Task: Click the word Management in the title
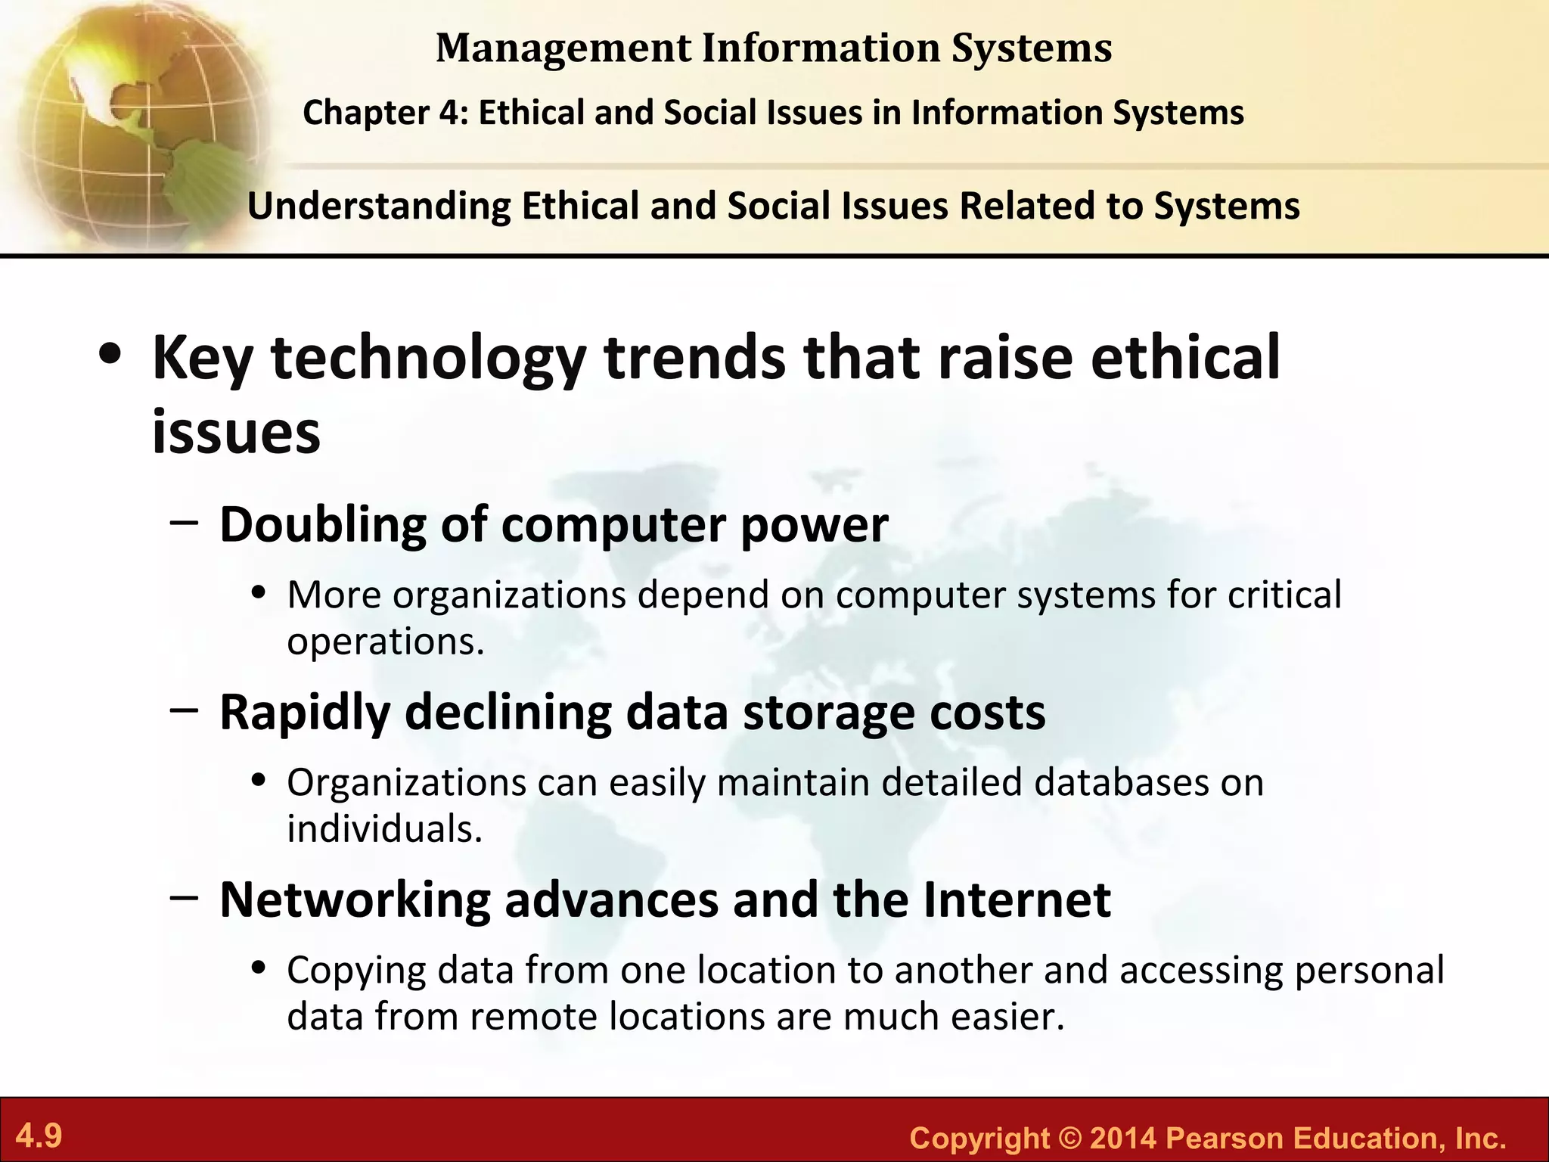tap(563, 48)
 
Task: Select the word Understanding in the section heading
tap(379, 206)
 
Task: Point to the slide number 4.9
tap(39, 1136)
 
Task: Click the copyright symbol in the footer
tap(1070, 1138)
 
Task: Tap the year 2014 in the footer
tap(1123, 1138)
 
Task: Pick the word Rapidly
tap(305, 713)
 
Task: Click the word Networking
tap(355, 900)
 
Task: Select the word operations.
tap(385, 642)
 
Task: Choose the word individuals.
tap(384, 828)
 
